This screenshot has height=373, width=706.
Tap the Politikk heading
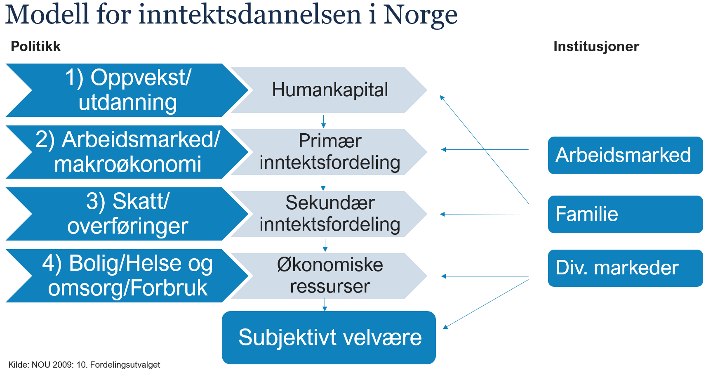pos(35,47)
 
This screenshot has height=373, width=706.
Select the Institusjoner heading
pos(596,47)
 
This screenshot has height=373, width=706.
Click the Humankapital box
pos(329,90)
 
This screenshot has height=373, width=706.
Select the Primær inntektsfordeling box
pos(329,152)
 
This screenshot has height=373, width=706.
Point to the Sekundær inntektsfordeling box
pos(329,214)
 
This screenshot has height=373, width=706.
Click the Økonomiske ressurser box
pos(329,276)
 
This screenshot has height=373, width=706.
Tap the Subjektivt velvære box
pos(329,338)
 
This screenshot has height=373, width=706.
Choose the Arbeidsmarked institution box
pos(625,155)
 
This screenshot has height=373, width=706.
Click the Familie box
pos(625,214)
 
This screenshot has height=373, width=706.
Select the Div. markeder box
pos(625,268)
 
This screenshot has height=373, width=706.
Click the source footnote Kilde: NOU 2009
pos(84,365)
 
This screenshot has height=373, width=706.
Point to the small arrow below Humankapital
pos(323,121)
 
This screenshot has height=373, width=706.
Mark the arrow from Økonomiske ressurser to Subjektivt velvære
pos(325,305)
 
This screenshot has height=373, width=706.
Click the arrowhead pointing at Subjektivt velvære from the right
pos(445,327)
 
